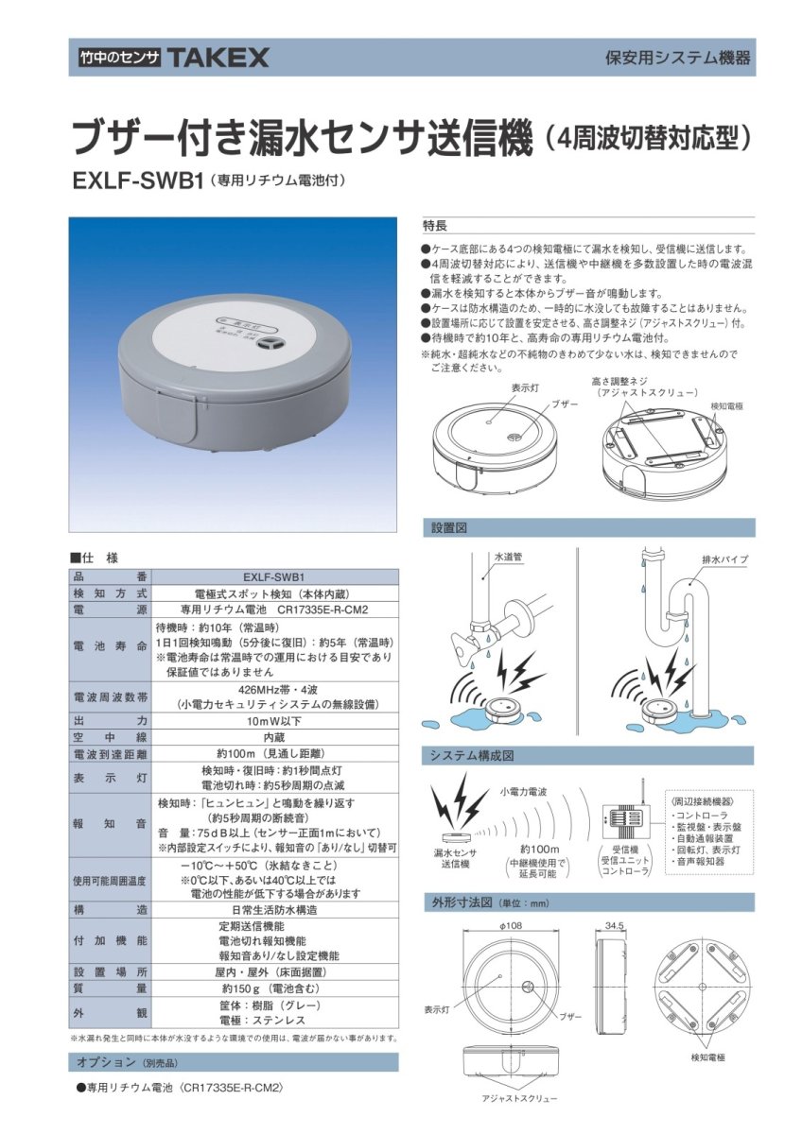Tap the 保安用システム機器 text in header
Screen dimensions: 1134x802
[x=678, y=58]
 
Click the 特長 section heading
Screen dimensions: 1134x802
[x=435, y=226]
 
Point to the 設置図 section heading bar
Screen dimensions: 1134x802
[x=587, y=527]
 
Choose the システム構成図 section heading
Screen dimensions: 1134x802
[x=587, y=756]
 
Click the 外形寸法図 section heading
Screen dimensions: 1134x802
[x=587, y=902]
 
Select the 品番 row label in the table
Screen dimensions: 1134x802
[x=111, y=576]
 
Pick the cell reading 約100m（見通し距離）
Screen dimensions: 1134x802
[x=273, y=754]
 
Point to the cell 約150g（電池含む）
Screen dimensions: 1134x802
[x=273, y=988]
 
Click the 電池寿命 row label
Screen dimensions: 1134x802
[x=111, y=646]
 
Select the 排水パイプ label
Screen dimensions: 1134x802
[x=724, y=560]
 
